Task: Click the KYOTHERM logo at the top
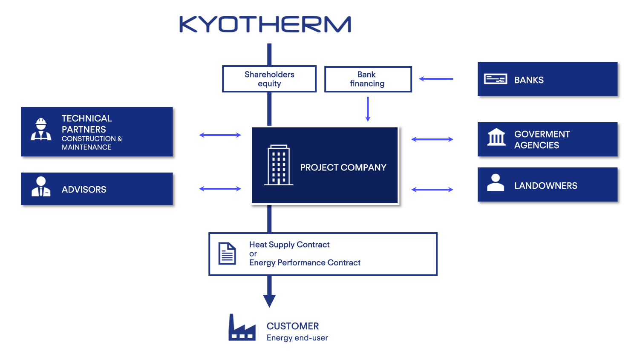(265, 25)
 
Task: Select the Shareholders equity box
(269, 79)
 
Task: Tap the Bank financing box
(368, 79)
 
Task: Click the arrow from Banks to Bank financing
(436, 79)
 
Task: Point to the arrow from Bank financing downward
(368, 109)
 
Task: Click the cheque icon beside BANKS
(495, 79)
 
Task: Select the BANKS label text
(529, 80)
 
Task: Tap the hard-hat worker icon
(41, 130)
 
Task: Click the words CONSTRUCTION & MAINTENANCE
(91, 143)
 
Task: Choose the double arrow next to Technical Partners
(220, 135)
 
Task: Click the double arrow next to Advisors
(220, 189)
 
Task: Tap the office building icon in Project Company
(279, 165)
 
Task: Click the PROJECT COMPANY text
(343, 167)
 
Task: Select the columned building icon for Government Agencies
(496, 137)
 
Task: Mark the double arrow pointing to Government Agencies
(432, 139)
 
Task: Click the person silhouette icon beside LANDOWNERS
(496, 183)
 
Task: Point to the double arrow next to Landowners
(432, 190)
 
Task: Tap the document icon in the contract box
(227, 253)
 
